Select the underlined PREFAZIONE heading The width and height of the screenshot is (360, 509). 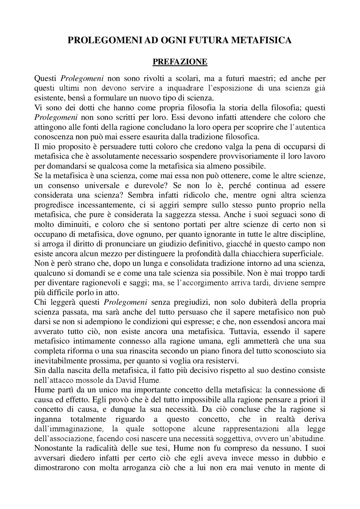pyautogui.click(x=180, y=62)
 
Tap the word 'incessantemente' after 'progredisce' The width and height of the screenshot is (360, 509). pyautogui.click(x=106, y=205)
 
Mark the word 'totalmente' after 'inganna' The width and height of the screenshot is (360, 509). pyautogui.click(x=88, y=419)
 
